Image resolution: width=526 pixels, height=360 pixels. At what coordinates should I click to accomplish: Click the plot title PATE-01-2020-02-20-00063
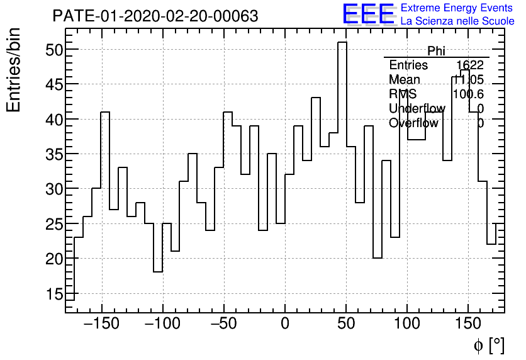pos(155,16)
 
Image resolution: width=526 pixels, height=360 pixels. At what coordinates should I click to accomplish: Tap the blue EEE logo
pos(369,14)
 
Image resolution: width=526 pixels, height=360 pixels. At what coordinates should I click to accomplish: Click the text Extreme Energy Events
pos(457,8)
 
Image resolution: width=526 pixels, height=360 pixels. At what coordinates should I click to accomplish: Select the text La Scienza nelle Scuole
pos(457,21)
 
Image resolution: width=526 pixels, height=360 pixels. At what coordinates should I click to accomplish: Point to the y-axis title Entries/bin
pos(14,70)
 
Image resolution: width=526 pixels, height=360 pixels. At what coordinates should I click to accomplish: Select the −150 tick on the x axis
pos(101,324)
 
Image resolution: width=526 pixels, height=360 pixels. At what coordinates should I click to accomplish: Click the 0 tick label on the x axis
pos(285,324)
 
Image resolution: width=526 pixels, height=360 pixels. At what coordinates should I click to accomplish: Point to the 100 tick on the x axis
pos(407,324)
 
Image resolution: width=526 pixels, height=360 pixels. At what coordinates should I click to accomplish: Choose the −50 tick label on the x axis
pos(224,324)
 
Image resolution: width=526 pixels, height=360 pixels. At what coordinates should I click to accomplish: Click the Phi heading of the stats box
pos(436,51)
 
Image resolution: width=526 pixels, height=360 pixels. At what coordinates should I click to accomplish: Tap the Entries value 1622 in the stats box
pos(470,65)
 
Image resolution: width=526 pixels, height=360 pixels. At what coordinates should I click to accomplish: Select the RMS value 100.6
pos(468,94)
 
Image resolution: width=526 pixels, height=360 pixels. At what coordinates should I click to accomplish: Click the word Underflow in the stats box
pos(417,109)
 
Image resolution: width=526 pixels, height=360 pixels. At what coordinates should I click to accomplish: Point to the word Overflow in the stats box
pos(413,123)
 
